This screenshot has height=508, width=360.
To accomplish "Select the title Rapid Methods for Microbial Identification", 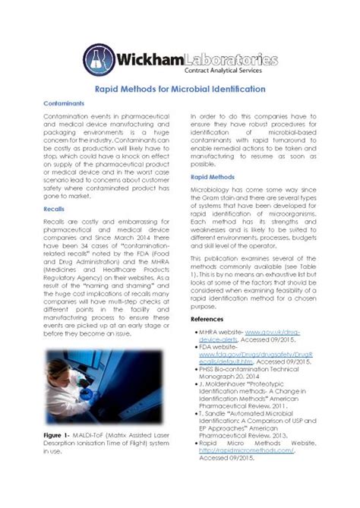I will (180, 89).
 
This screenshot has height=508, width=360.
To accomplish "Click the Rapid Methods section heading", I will (213, 176).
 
